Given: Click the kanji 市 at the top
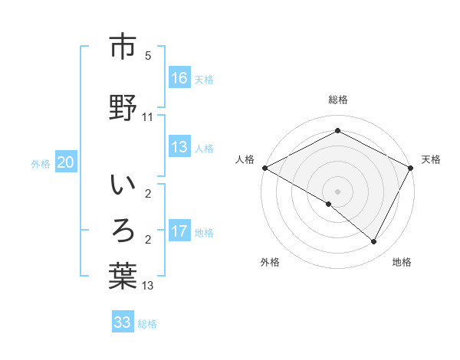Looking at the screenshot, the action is pos(123,47).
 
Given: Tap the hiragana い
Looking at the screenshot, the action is pos(123,186).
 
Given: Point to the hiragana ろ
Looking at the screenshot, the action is pos(123,231).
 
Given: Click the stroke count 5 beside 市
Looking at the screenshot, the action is pos(148,56).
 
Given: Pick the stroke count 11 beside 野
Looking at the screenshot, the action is pos(148,116).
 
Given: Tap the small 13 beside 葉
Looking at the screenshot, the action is pos(148,286).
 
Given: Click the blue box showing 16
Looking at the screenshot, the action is pos(179,78).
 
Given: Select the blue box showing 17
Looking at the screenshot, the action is pos(179,231).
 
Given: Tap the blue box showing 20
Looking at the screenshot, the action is pos(66,162).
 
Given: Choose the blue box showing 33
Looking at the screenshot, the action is pos(123,322).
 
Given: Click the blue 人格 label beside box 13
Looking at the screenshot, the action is pos(204,149).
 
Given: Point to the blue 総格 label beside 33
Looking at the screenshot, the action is pos(147,324).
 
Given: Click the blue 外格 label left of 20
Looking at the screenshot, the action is pos(41,164).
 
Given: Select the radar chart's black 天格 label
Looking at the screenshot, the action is pos(431,159).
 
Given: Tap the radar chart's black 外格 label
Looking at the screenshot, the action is pos(270,262).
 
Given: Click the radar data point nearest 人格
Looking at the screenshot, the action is pos(264,168).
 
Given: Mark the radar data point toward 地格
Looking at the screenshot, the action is pos(374,241).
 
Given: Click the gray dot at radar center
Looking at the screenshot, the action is pos(337,191).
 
